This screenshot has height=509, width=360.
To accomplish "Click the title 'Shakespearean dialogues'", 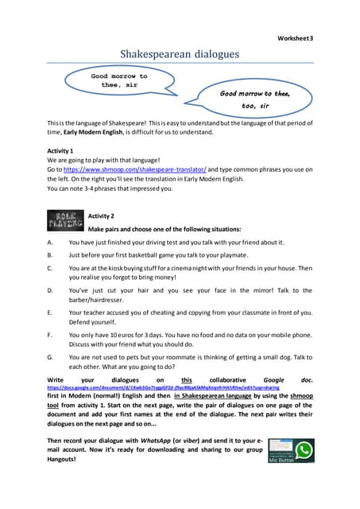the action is tap(179, 53).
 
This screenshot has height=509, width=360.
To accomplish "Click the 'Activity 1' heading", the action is tap(61, 150).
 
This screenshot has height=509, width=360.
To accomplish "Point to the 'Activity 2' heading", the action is tap(101, 216).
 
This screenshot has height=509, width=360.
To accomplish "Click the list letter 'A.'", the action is tap(51, 242).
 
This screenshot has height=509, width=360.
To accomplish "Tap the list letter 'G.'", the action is tap(51, 357).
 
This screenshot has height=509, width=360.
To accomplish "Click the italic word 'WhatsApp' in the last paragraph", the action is tap(158, 440).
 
